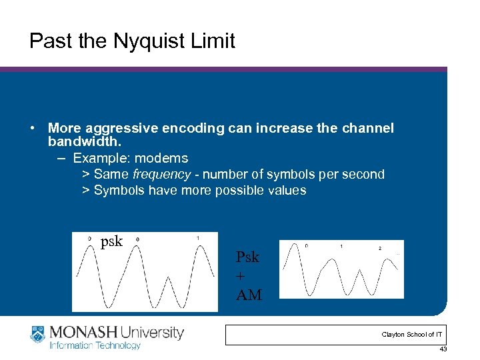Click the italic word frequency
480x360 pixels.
click(157, 175)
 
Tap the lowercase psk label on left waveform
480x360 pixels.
click(111, 241)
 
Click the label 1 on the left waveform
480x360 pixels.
click(198, 239)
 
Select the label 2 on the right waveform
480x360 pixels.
click(380, 248)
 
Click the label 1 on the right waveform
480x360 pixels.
click(341, 247)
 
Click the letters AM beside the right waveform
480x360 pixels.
click(249, 294)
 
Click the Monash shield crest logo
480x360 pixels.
click(37, 335)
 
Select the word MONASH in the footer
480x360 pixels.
click(81, 332)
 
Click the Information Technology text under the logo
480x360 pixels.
click(95, 345)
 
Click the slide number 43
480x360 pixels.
click(443, 349)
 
